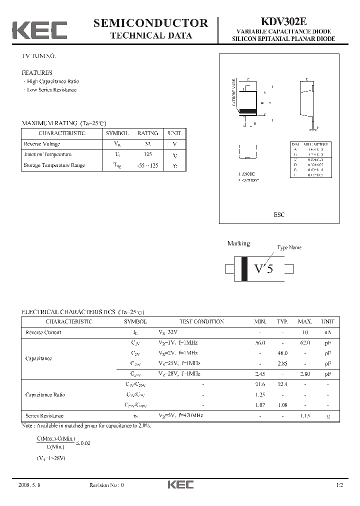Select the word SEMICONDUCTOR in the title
(x=150, y=22)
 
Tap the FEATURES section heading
(x=36, y=73)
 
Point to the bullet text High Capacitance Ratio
(x=53, y=81)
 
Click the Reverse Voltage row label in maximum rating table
(x=42, y=144)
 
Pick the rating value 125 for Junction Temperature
(x=147, y=154)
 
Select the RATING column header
(x=147, y=133)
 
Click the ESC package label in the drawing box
(x=279, y=214)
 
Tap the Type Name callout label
(x=289, y=247)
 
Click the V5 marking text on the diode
(x=263, y=269)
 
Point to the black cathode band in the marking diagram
(x=244, y=269)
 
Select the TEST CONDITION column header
(x=201, y=322)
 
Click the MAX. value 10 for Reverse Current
(x=305, y=332)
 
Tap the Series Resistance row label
(x=44, y=415)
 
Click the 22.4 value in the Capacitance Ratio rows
(x=283, y=384)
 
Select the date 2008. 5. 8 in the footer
(x=29, y=485)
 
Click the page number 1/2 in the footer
(x=340, y=485)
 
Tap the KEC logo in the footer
(x=180, y=485)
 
